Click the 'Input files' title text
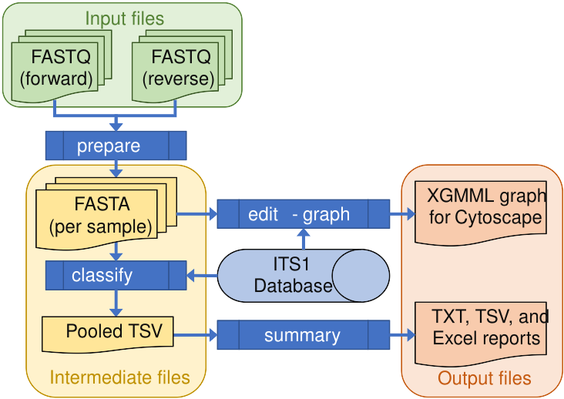[x=124, y=18]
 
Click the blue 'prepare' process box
[x=116, y=146]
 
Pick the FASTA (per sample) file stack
[x=101, y=215]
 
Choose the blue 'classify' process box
[x=116, y=275]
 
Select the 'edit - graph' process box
[x=303, y=214]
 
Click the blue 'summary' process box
[x=303, y=336]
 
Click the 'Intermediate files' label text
[x=119, y=377]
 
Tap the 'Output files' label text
[x=485, y=378]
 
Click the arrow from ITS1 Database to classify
[x=202, y=275]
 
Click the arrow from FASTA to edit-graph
[x=197, y=214]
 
